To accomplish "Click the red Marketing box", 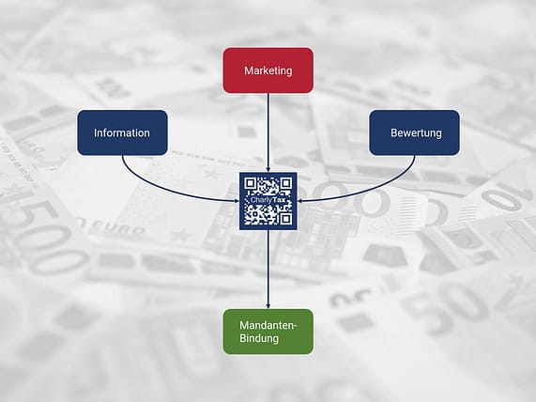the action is pos(268,70).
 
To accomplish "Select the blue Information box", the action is pos(122,132).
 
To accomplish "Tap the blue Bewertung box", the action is pos(414,132).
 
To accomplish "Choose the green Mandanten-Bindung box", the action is pos(268,332).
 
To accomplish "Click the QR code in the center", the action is pos(268,201).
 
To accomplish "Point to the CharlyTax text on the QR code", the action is pos(268,200).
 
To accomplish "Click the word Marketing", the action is pos(268,70).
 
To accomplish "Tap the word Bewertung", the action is pos(416,132).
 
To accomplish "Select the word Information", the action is pos(122,132).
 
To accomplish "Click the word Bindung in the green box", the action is pos(259,338).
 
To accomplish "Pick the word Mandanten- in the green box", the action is pos(268,325).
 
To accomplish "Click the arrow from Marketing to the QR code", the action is pos(268,132).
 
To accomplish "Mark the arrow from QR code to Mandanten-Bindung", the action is pos(268,270).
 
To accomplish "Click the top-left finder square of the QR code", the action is pos(251,183).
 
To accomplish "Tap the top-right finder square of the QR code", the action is pos(286,183).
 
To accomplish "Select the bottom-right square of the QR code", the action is pos(286,219).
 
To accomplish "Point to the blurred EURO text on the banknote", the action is pos(111,227).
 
